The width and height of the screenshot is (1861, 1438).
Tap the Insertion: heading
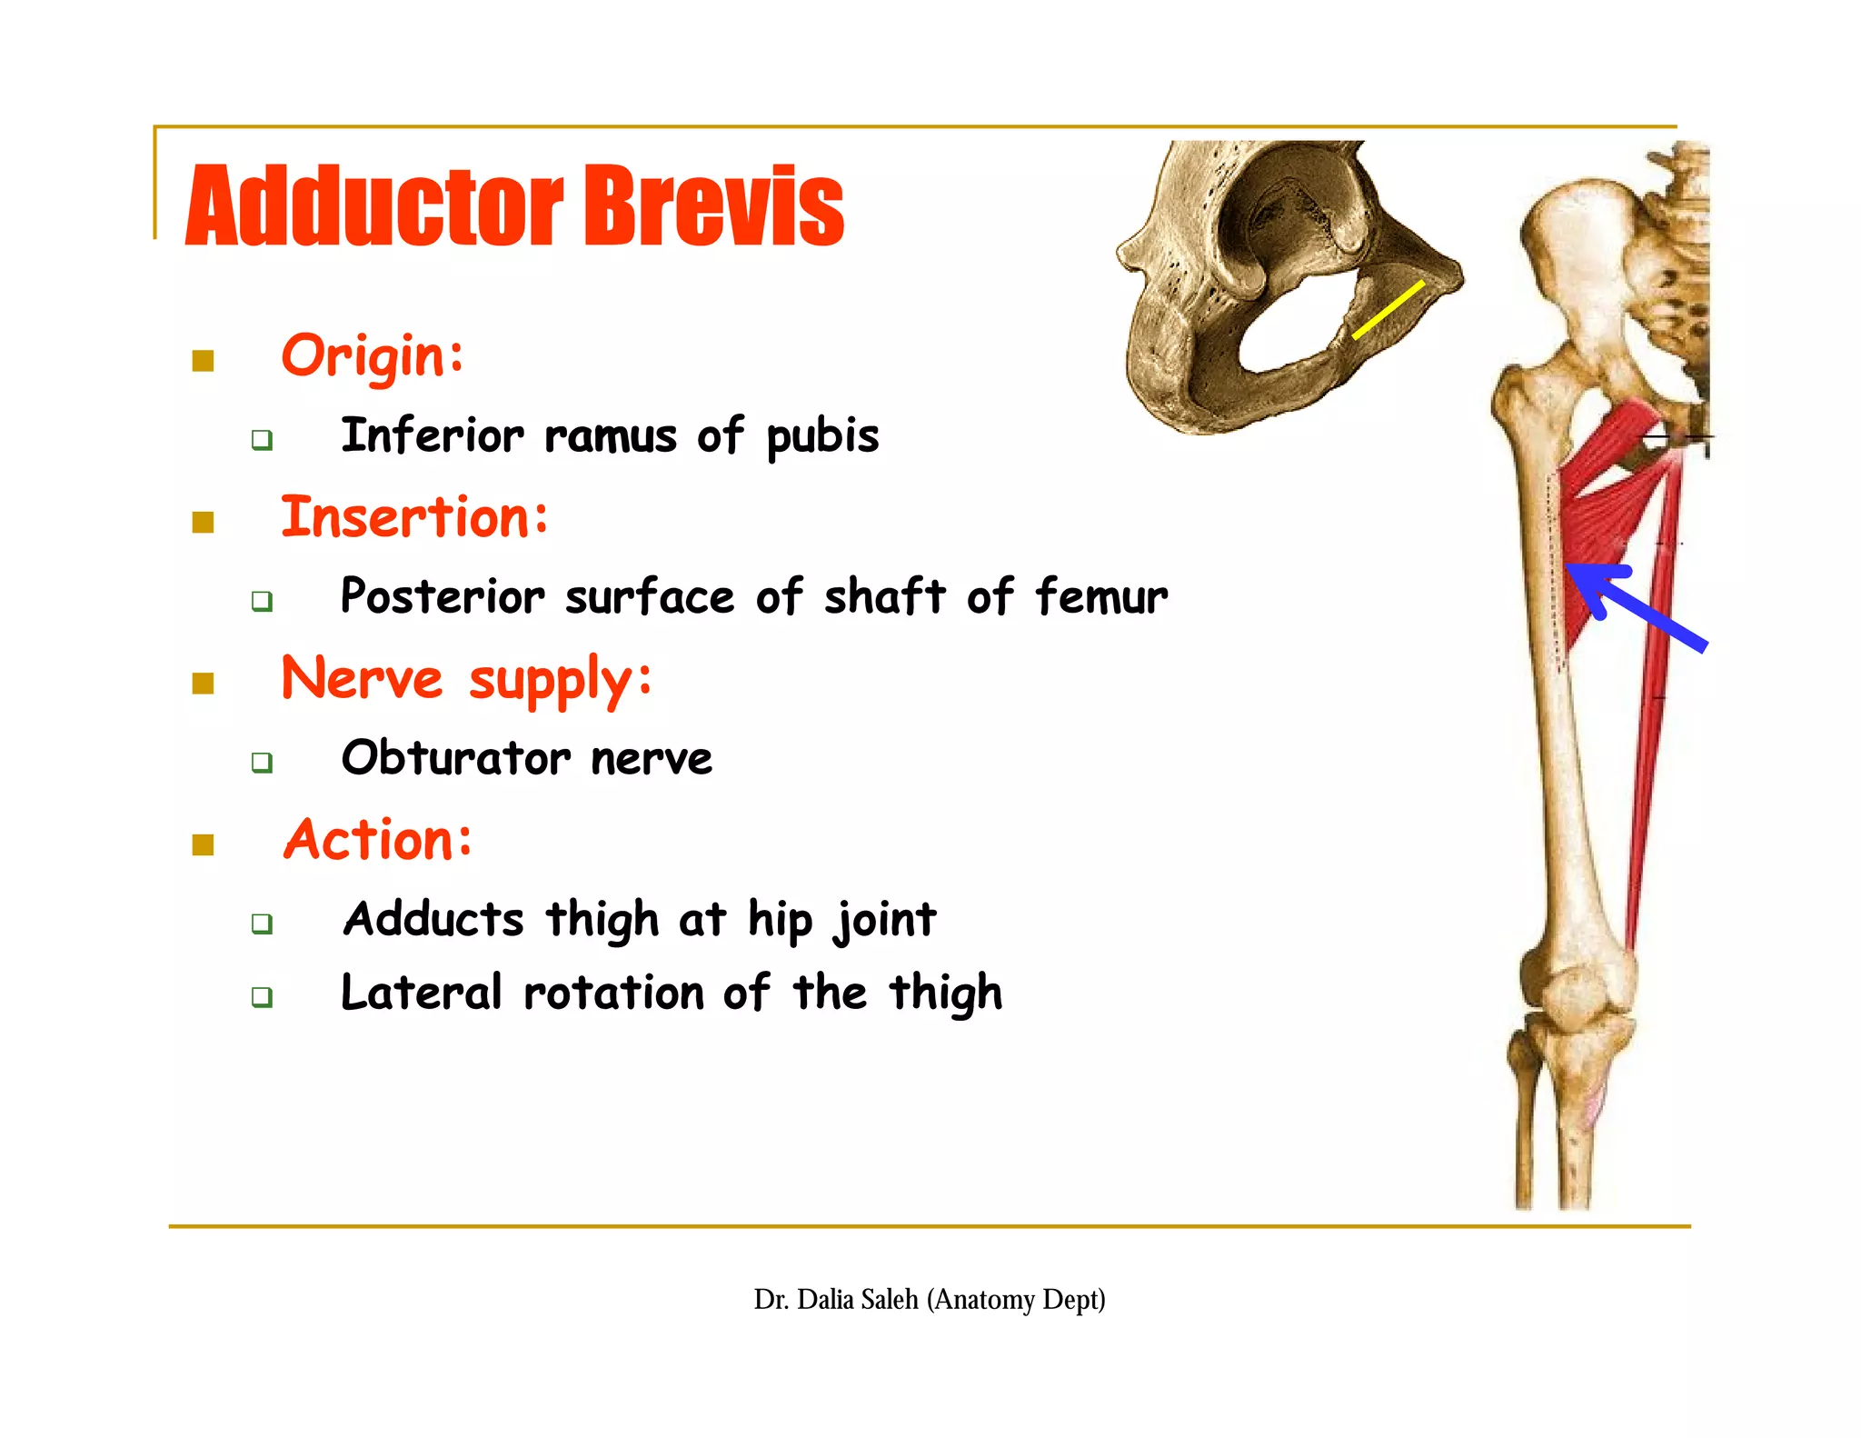click(x=414, y=517)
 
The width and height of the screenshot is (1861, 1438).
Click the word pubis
click(x=822, y=436)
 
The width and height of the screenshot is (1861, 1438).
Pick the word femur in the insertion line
click(x=1101, y=597)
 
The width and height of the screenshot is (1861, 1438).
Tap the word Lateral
click(x=421, y=992)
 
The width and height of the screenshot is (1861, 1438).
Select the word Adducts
click(x=433, y=919)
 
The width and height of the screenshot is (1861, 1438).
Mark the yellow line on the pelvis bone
click(x=1388, y=310)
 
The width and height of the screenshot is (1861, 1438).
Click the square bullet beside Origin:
click(x=203, y=361)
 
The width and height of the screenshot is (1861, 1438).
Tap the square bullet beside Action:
click(x=203, y=844)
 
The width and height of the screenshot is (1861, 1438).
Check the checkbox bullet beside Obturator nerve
click(x=262, y=762)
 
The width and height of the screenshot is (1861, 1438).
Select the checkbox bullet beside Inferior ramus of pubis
click(x=262, y=440)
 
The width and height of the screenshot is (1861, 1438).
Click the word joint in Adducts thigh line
click(x=886, y=919)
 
